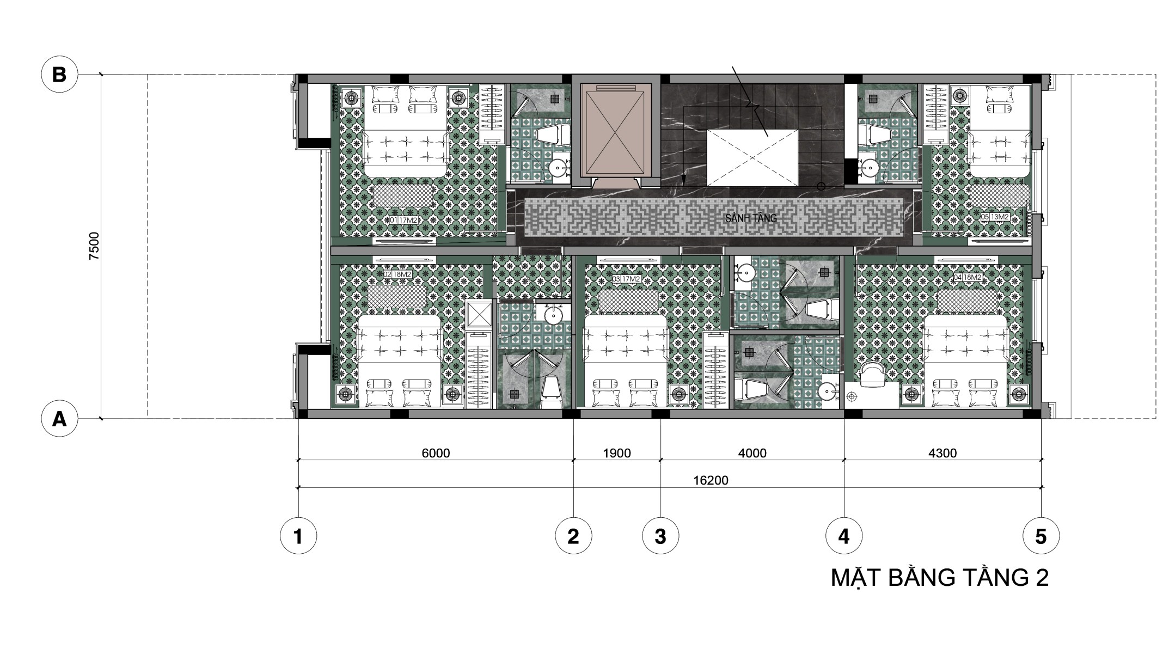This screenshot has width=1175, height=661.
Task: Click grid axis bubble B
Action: pyautogui.click(x=59, y=75)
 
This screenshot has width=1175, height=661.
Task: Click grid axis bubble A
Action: pyautogui.click(x=59, y=419)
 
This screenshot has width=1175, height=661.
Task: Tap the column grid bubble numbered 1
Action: pyautogui.click(x=298, y=537)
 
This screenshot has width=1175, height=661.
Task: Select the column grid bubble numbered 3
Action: pyautogui.click(x=660, y=537)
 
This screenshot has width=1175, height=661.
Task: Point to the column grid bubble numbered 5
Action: pyautogui.click(x=1041, y=537)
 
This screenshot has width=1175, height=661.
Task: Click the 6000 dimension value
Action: pyautogui.click(x=436, y=454)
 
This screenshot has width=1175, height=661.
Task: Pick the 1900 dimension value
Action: pyautogui.click(x=617, y=454)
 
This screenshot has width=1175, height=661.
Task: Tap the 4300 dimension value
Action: pyautogui.click(x=943, y=454)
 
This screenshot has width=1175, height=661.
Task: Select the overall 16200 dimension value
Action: pyautogui.click(x=711, y=481)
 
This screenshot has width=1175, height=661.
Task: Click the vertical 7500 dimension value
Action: pyautogui.click(x=95, y=246)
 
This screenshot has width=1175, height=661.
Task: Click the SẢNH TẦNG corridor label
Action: pyautogui.click(x=751, y=218)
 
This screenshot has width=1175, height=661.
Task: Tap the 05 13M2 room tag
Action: pyautogui.click(x=995, y=217)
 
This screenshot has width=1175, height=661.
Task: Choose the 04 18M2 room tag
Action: pyautogui.click(x=968, y=277)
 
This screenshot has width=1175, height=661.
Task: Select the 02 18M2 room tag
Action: pyautogui.click(x=397, y=275)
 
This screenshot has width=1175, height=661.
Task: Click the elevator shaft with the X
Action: pyautogui.click(x=616, y=130)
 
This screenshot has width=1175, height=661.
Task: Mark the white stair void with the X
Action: pyautogui.click(x=752, y=158)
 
